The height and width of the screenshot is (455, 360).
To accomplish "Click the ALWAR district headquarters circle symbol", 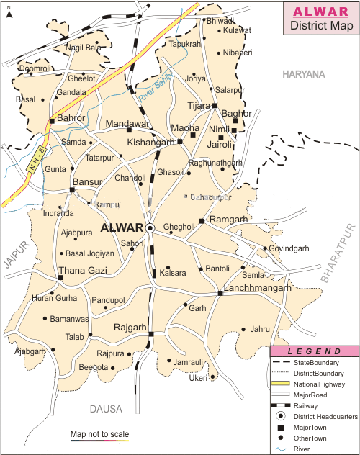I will (x=150, y=227).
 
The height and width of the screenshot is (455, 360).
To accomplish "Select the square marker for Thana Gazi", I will (x=60, y=277).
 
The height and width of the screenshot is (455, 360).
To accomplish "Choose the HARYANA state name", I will (x=303, y=74).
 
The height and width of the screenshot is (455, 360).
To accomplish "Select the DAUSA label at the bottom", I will (x=106, y=409).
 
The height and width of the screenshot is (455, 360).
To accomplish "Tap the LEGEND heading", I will (x=315, y=351).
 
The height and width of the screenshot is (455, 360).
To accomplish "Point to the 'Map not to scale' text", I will (x=99, y=434).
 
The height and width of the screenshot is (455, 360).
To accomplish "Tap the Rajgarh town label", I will (x=130, y=328).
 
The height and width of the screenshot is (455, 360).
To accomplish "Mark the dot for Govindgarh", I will (x=264, y=248).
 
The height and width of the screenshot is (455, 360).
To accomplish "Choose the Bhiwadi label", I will (x=220, y=20).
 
